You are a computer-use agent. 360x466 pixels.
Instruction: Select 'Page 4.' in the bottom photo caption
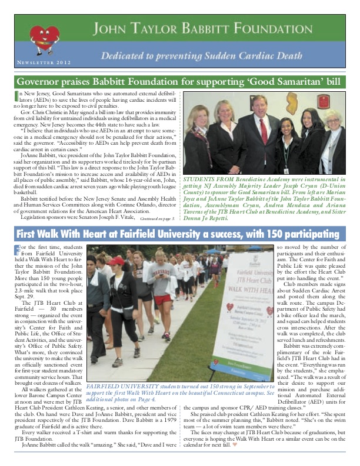tap(164, 400)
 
